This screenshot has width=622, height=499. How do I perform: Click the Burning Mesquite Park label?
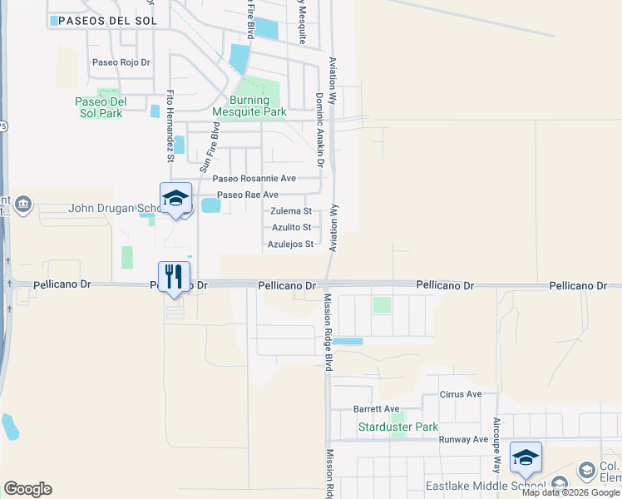pyautogui.click(x=249, y=106)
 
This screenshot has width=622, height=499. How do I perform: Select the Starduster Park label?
pyautogui.click(x=397, y=427)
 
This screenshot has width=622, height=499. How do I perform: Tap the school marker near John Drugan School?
pyautogui.click(x=175, y=198)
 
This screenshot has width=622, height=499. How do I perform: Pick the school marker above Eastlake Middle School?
pyautogui.click(x=526, y=457)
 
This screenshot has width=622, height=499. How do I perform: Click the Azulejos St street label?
pyautogui.click(x=290, y=245)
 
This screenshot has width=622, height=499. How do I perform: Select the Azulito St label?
pyautogui.click(x=291, y=227)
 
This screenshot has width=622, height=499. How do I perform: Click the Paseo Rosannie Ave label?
pyautogui.click(x=254, y=179)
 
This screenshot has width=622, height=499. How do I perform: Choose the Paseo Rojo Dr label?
pyautogui.click(x=121, y=62)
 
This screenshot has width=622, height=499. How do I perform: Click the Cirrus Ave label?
pyautogui.click(x=462, y=394)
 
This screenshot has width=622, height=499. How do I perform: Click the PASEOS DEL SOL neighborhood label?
pyautogui.click(x=104, y=19)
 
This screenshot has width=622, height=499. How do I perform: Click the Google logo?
pyautogui.click(x=27, y=489)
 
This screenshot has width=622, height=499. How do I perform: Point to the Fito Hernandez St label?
pyautogui.click(x=170, y=125)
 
